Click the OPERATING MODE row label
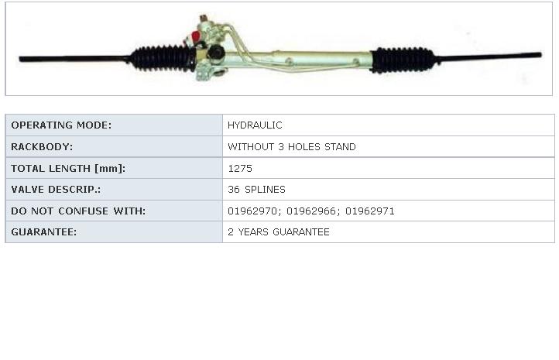(x=61, y=125)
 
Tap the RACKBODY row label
(x=42, y=147)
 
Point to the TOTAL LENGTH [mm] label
(x=68, y=168)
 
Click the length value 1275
(x=240, y=168)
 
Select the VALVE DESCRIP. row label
(x=56, y=189)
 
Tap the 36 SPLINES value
(x=256, y=189)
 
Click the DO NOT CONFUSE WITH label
(x=78, y=211)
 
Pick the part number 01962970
(x=252, y=211)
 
